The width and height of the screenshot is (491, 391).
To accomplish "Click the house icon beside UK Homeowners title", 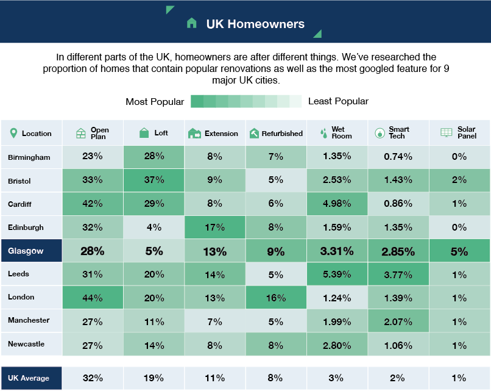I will [x=192, y=24].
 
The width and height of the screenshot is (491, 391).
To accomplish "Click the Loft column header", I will [x=154, y=133].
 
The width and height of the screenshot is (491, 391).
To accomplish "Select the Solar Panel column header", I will [x=459, y=133].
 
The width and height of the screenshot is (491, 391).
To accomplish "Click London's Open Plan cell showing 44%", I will [x=92, y=297].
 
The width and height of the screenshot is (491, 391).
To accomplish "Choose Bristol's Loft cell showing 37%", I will [x=154, y=181].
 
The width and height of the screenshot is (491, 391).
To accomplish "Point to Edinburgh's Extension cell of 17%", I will [x=214, y=228].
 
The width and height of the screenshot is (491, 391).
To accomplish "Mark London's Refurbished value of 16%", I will [x=275, y=297].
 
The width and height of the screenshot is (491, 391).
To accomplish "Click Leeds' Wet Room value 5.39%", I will [x=337, y=274].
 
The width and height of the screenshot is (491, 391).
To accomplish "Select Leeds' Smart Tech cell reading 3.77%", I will [x=398, y=274].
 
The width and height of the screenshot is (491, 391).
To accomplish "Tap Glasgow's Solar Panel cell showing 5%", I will [x=459, y=251].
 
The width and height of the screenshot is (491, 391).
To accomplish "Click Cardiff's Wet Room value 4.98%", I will [x=337, y=204].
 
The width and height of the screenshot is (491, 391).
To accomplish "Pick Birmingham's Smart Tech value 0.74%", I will [x=398, y=157].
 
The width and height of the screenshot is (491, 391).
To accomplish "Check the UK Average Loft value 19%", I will [x=154, y=378].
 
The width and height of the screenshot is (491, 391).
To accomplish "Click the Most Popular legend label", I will [x=155, y=102].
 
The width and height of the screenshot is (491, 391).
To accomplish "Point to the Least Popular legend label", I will [x=338, y=102].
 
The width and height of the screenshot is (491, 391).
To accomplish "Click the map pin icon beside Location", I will [x=13, y=133].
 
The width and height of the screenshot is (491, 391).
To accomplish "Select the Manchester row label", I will [x=29, y=320].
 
